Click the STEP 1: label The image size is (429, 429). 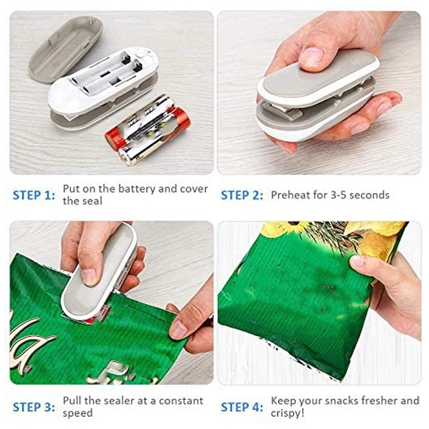click(34, 195)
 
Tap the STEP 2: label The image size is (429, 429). click(242, 195)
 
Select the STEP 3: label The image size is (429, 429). click(34, 407)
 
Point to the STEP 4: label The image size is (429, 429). click(242, 407)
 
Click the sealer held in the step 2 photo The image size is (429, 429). click(316, 99)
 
